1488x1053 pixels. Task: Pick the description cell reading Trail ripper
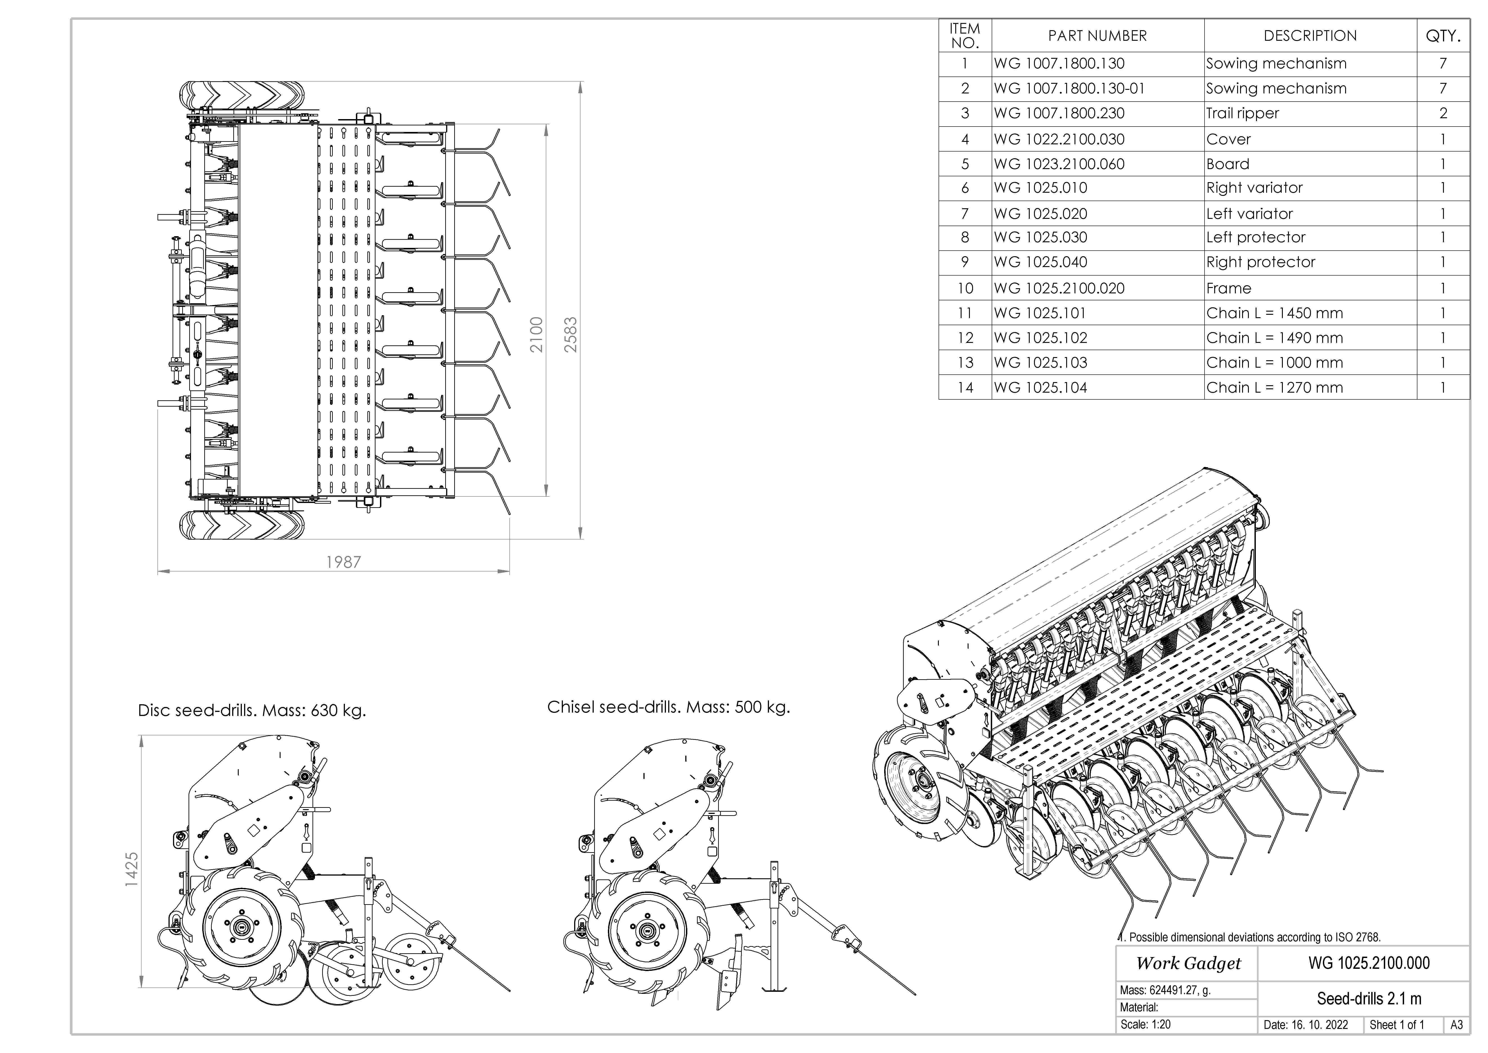tap(1242, 113)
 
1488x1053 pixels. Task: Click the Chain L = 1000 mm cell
tap(1274, 362)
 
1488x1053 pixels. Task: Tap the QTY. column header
tap(1443, 36)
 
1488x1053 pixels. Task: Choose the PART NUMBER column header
tap(1097, 36)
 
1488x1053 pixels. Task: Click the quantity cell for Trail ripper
tap(1443, 113)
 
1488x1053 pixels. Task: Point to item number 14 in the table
tap(965, 388)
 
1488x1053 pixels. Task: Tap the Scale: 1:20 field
tap(1145, 1024)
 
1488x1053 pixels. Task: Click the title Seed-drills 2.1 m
tap(1369, 999)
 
